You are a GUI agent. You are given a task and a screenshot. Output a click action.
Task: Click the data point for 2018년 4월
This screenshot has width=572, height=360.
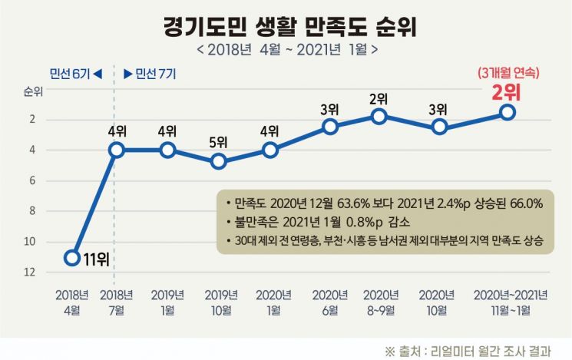72,257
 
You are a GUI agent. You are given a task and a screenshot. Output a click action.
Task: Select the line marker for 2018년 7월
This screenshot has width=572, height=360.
116,150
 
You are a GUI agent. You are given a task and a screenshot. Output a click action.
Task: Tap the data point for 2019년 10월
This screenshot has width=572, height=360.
219,161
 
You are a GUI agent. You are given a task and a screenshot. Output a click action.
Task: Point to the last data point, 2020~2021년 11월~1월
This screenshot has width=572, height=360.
507,112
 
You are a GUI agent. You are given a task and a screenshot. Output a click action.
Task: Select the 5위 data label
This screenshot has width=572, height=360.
219,142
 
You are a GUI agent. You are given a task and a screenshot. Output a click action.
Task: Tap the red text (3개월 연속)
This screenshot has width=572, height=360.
506,74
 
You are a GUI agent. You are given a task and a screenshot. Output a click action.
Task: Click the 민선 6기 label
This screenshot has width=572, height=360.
75,74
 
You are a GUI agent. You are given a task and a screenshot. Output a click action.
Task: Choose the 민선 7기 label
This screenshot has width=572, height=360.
151,74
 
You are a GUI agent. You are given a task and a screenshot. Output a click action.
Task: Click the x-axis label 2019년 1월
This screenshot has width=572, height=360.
167,300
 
